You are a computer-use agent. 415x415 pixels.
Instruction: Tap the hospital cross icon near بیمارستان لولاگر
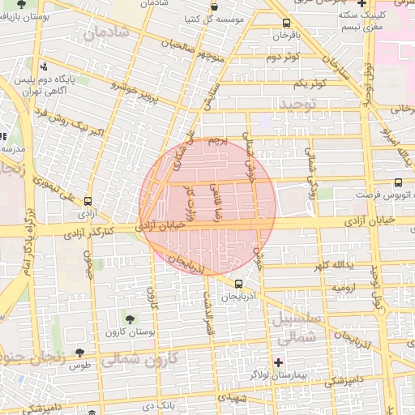tap(279, 362)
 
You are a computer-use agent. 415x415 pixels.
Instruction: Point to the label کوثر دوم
tap(283, 57)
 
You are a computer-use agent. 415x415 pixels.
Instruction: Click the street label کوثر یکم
tap(310, 83)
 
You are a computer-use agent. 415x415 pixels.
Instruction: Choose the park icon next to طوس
tap(79, 351)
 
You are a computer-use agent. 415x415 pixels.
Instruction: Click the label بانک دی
tap(156, 403)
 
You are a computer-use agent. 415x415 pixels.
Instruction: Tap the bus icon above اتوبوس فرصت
tap(397, 182)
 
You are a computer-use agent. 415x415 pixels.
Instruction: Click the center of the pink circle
tap(207, 207)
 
